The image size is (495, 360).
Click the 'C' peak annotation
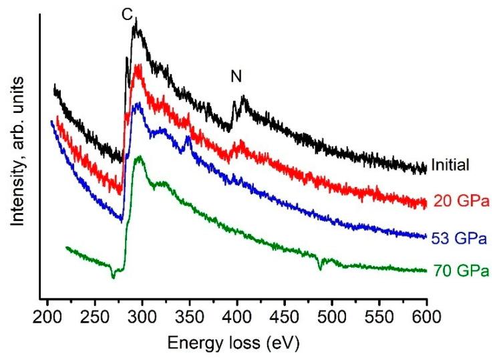(x=127, y=14)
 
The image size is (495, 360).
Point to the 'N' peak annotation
(x=236, y=77)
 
